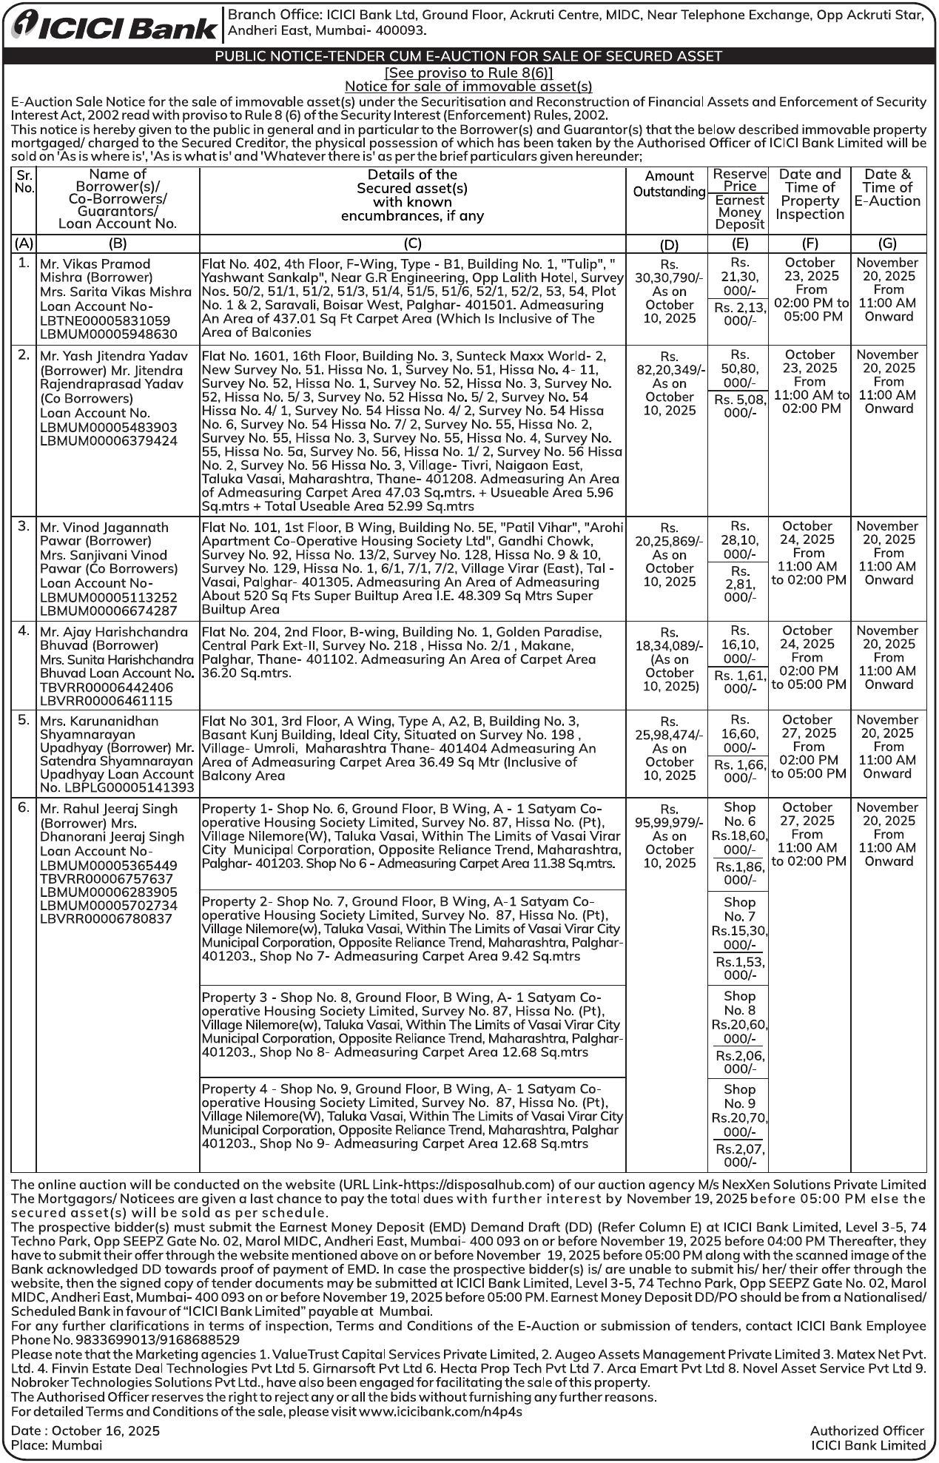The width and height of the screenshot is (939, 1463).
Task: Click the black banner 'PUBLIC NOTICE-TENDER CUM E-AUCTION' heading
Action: coord(468,56)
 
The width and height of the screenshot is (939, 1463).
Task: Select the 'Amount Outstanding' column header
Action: coord(669,184)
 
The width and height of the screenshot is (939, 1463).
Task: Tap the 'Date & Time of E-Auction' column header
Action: coord(888,188)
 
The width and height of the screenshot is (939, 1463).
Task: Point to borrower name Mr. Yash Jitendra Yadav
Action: coord(114,356)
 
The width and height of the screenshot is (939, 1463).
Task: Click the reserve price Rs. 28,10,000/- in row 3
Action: coord(739,540)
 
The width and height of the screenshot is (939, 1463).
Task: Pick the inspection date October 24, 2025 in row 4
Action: coord(808,637)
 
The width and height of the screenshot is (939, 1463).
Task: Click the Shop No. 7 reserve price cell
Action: coord(739,923)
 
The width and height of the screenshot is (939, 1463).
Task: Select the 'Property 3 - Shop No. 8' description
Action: coord(412,1025)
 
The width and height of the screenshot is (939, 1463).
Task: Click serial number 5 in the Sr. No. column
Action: coord(24,720)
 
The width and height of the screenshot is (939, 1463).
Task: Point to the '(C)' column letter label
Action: coord(412,243)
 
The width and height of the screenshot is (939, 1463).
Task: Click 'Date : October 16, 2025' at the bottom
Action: coord(86,1431)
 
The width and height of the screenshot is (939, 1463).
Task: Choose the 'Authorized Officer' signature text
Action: coord(866,1431)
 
